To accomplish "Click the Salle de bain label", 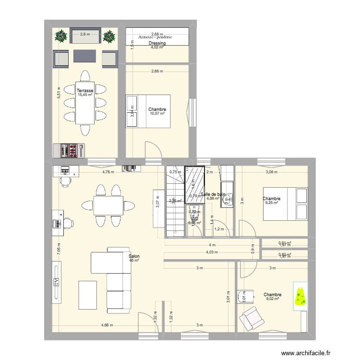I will (x=213, y=194).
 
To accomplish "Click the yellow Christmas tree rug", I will (x=300, y=297).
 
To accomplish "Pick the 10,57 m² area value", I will (x=157, y=114).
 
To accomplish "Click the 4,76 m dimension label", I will (x=108, y=171).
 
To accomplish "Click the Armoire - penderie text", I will (x=156, y=37).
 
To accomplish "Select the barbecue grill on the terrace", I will (x=70, y=150).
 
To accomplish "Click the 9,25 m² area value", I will (x=272, y=203).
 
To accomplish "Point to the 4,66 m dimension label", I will (x=108, y=325).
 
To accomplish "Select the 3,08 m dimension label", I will (x=273, y=171).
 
